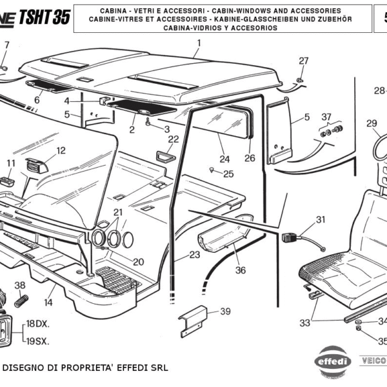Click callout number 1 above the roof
tap(199, 43)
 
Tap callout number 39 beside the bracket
tap(224, 312)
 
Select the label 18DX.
tap(37, 324)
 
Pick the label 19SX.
tap(37, 341)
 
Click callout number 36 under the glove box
tap(240, 270)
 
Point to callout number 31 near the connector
tap(321, 219)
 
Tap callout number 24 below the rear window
tap(224, 159)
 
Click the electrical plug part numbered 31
tap(288, 237)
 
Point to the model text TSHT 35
tap(45, 17)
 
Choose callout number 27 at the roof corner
tap(304, 61)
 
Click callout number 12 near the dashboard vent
tap(61, 151)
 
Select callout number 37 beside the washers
tap(326, 117)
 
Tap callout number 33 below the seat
tap(304, 322)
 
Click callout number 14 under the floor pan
tap(48, 303)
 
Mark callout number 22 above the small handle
tap(174, 139)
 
